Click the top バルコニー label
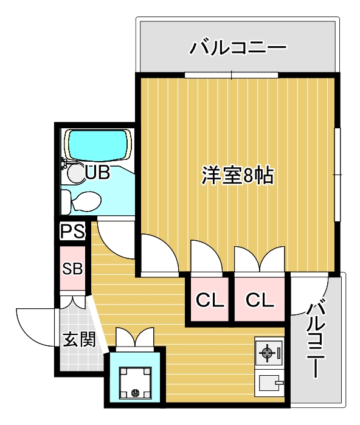click(x=237, y=47)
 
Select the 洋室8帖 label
click(x=237, y=176)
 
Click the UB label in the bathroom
click(x=97, y=173)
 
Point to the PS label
click(x=72, y=232)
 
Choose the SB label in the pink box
click(x=73, y=268)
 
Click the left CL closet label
click(x=209, y=300)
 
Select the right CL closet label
click(x=260, y=300)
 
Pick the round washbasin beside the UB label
click(x=77, y=173)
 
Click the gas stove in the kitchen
click(x=268, y=352)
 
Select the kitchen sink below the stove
click(x=269, y=384)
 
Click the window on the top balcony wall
click(x=232, y=75)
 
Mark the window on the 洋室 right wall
click(x=337, y=174)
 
